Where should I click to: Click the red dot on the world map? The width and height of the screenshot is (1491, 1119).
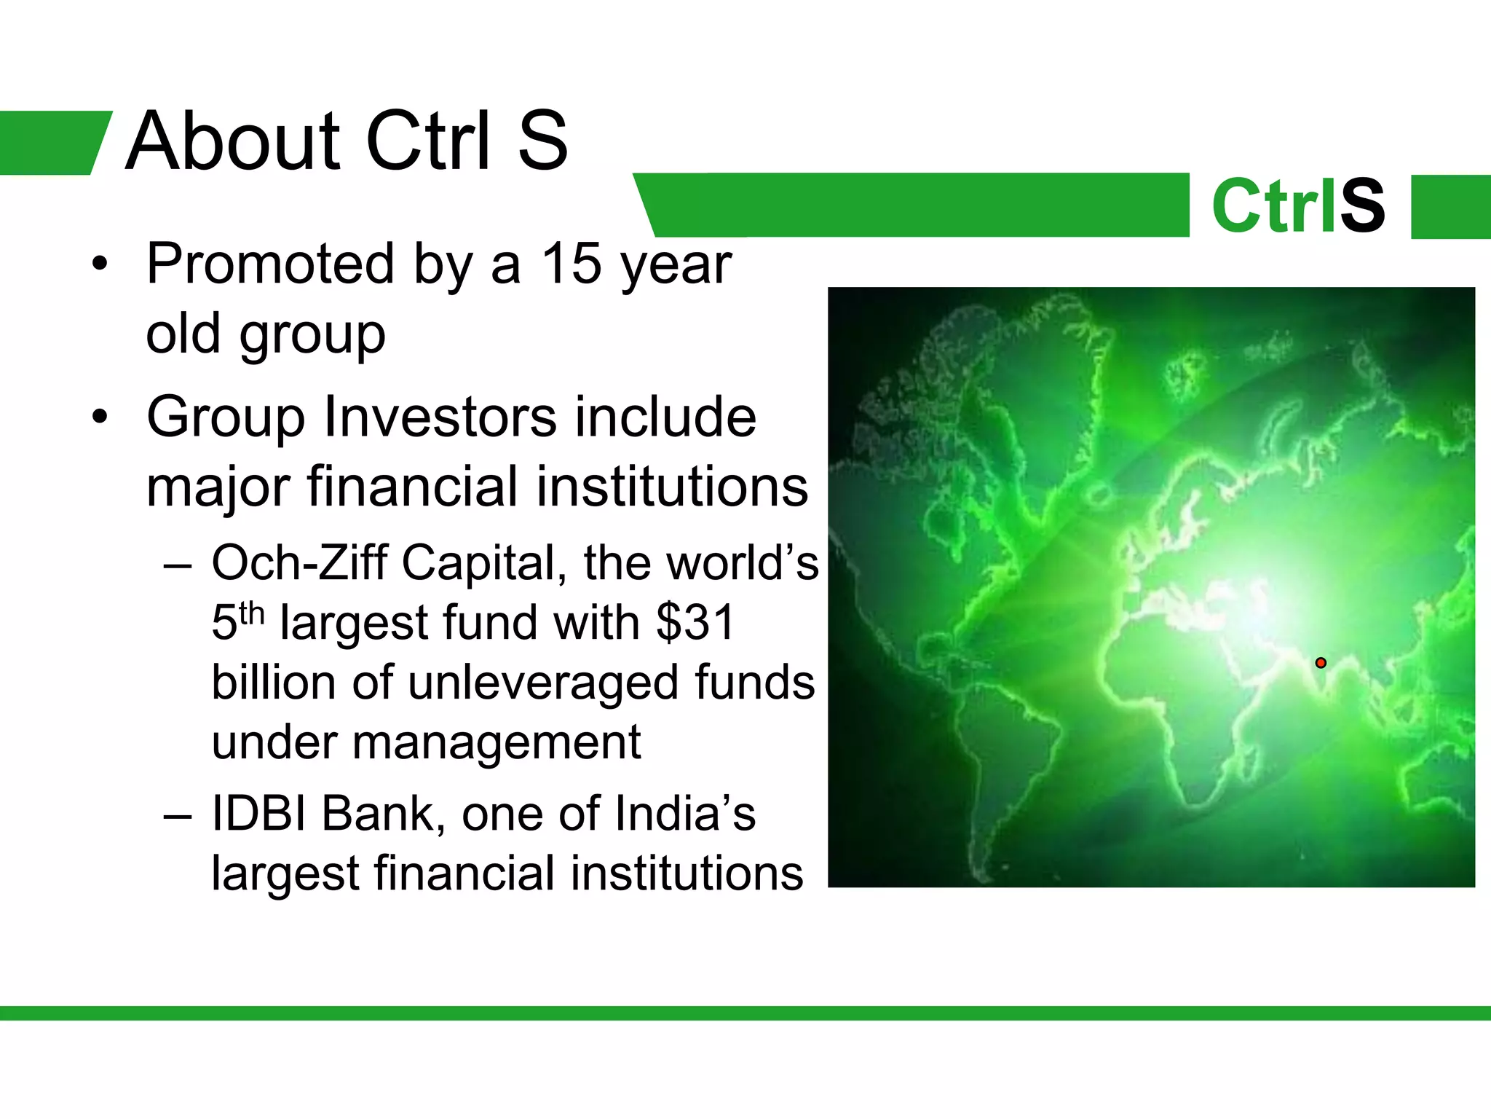[1321, 662]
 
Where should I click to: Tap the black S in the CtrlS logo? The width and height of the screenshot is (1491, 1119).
[1362, 206]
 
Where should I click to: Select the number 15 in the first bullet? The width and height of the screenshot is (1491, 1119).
[571, 263]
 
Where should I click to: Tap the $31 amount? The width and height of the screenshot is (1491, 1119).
[695, 623]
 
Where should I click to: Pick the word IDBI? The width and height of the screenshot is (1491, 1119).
[258, 814]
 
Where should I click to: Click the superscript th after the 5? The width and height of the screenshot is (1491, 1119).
[251, 613]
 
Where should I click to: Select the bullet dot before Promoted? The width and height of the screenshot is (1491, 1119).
[100, 264]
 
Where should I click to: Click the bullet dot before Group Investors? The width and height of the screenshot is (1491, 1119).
[100, 417]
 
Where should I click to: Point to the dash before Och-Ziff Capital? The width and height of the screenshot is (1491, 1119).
[178, 565]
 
